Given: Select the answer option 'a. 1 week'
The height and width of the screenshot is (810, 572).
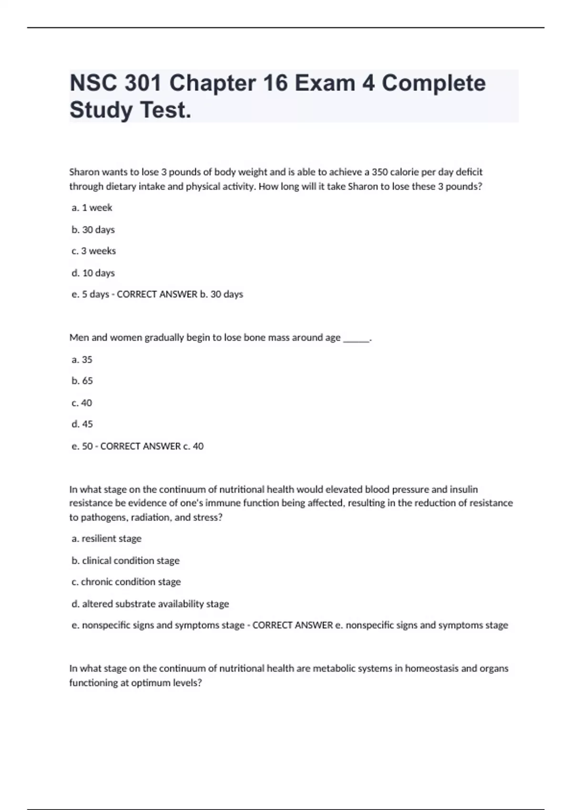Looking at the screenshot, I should coord(92,208).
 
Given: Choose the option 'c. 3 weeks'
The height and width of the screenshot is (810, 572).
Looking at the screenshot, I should coord(93,251).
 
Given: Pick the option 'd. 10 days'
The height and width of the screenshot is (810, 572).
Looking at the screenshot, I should coord(93,273).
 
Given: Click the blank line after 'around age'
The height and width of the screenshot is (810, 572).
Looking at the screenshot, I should coord(356,338).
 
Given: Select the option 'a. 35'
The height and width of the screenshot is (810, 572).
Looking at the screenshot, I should coord(82,360).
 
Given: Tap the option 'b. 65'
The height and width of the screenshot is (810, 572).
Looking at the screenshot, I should coord(82,381).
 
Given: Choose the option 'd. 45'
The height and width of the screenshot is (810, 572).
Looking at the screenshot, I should coord(82,424).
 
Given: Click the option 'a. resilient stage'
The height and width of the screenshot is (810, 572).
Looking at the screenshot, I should coord(106,539).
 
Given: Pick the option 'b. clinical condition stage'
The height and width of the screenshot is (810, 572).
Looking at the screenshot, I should coord(125,561).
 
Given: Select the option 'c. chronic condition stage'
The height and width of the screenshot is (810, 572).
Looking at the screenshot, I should coord(126,582).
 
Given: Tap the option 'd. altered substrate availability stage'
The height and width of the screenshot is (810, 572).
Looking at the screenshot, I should coord(150,604).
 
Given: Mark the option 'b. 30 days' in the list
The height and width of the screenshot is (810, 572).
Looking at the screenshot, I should coord(93,230).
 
